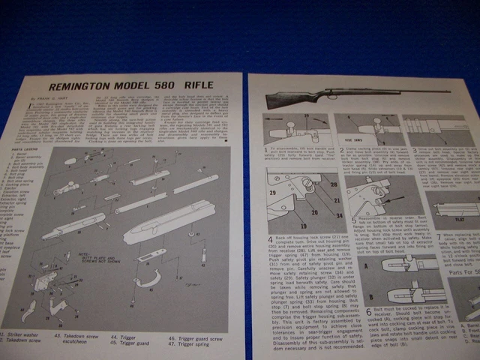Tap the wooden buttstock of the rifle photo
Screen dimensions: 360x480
coord(292,97)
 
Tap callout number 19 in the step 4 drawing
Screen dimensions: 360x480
coord(283,223)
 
